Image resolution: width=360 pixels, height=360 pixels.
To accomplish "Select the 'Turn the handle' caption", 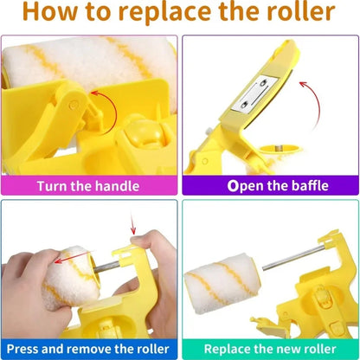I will pos(90,184).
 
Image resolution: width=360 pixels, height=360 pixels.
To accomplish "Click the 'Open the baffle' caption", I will pos(270,184).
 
